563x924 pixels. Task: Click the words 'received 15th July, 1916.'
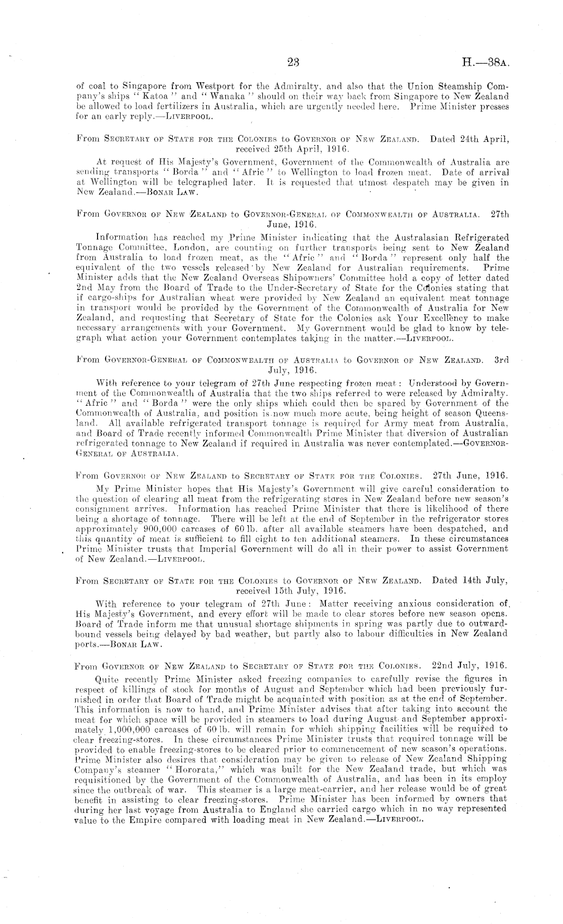290,590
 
